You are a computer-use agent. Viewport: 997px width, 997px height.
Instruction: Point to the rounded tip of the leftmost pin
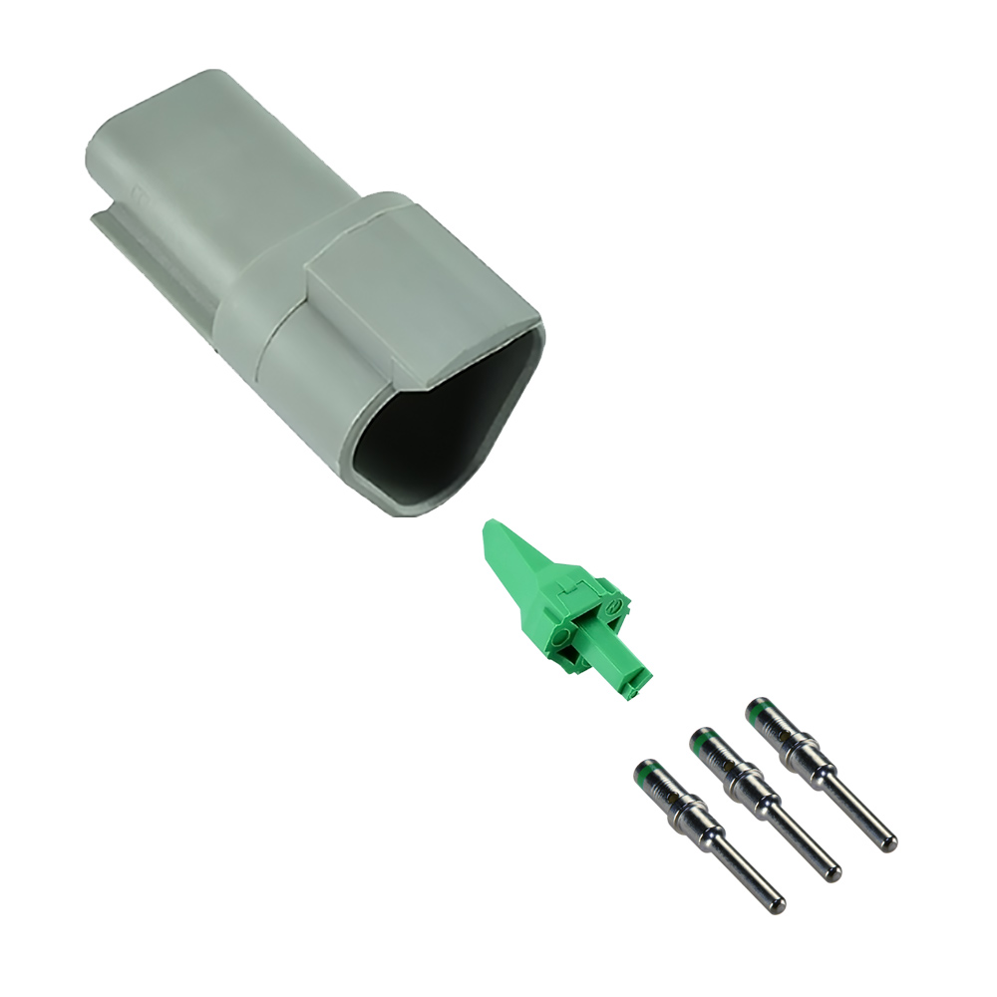[778, 905]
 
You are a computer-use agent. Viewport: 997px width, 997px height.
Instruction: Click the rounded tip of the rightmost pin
[889, 844]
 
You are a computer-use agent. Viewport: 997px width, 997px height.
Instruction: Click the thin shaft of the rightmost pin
[857, 813]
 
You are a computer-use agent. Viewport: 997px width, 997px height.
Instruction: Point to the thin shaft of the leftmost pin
[746, 873]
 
